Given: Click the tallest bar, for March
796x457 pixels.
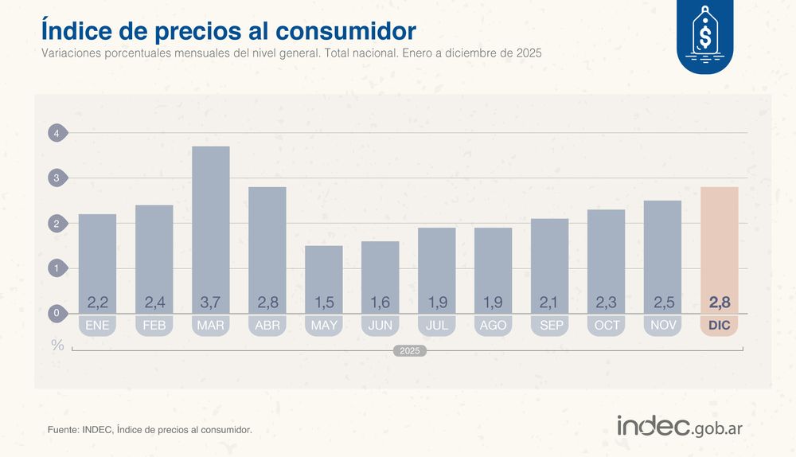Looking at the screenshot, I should (x=210, y=223).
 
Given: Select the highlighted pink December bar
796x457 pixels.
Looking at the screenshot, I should (x=719, y=247).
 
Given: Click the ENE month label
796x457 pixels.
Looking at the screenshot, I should (x=97, y=326).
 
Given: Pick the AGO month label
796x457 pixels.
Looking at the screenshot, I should (x=493, y=326).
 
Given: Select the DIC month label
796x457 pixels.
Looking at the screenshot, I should (x=719, y=326).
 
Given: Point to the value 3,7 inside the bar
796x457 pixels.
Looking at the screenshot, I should (x=210, y=303).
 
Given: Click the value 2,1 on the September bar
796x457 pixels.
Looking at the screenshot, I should (x=549, y=303).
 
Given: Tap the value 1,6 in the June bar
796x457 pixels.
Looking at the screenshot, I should (x=380, y=303).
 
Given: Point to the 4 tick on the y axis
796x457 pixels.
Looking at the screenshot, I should (x=57, y=134).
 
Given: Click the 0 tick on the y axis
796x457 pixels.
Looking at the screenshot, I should (x=57, y=314).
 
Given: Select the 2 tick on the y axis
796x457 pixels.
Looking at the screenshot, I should (x=57, y=224).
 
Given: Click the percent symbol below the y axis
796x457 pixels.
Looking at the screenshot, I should (x=57, y=345).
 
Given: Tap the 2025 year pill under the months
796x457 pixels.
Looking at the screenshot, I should (x=410, y=350).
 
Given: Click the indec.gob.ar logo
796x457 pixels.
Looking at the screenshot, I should (x=679, y=426).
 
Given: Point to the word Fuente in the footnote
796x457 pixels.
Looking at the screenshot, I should (x=63, y=430).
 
